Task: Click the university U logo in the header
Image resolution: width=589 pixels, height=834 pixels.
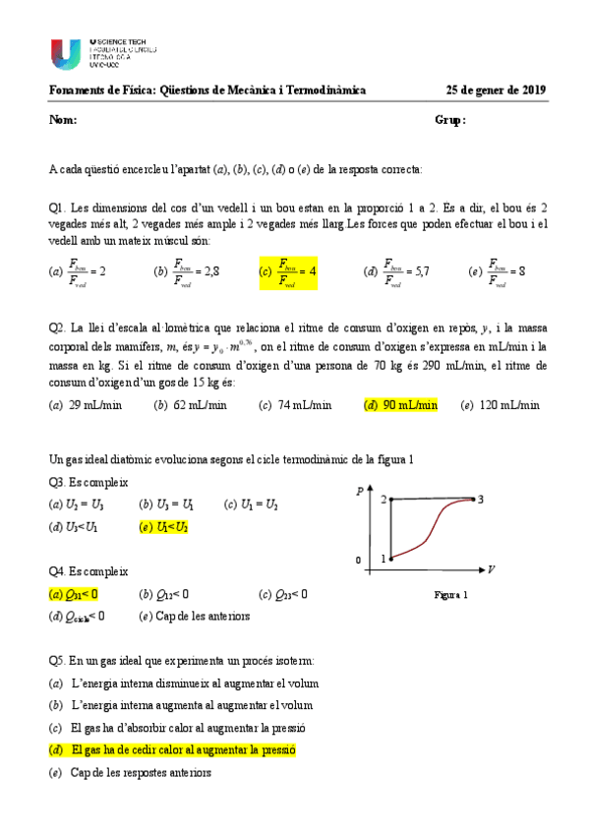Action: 67,53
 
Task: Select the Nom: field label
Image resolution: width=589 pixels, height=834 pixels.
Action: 62,120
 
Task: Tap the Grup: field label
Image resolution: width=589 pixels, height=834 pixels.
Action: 449,120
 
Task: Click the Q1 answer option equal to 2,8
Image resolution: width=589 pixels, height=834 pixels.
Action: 187,272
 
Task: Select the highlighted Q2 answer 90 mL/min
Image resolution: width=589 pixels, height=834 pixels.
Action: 400,404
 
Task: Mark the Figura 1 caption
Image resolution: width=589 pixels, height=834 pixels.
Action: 450,595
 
